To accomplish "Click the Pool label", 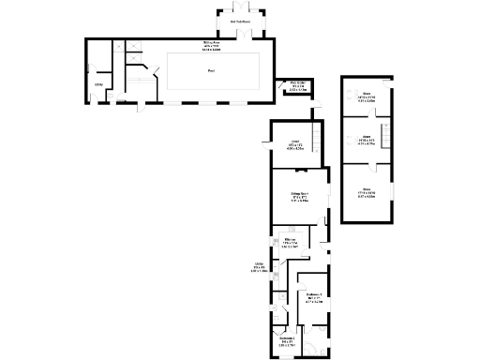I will coord(209,70).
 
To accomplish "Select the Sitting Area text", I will coord(211,42).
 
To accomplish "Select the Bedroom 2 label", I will coord(286,338).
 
